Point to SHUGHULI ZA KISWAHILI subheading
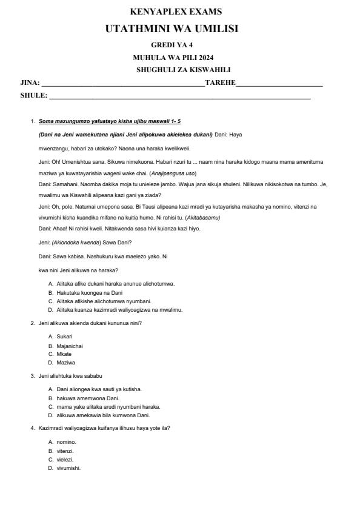183,70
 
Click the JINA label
30,82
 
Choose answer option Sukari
64,336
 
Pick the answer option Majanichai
70,346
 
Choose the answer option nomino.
66,442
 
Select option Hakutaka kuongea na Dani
89,292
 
